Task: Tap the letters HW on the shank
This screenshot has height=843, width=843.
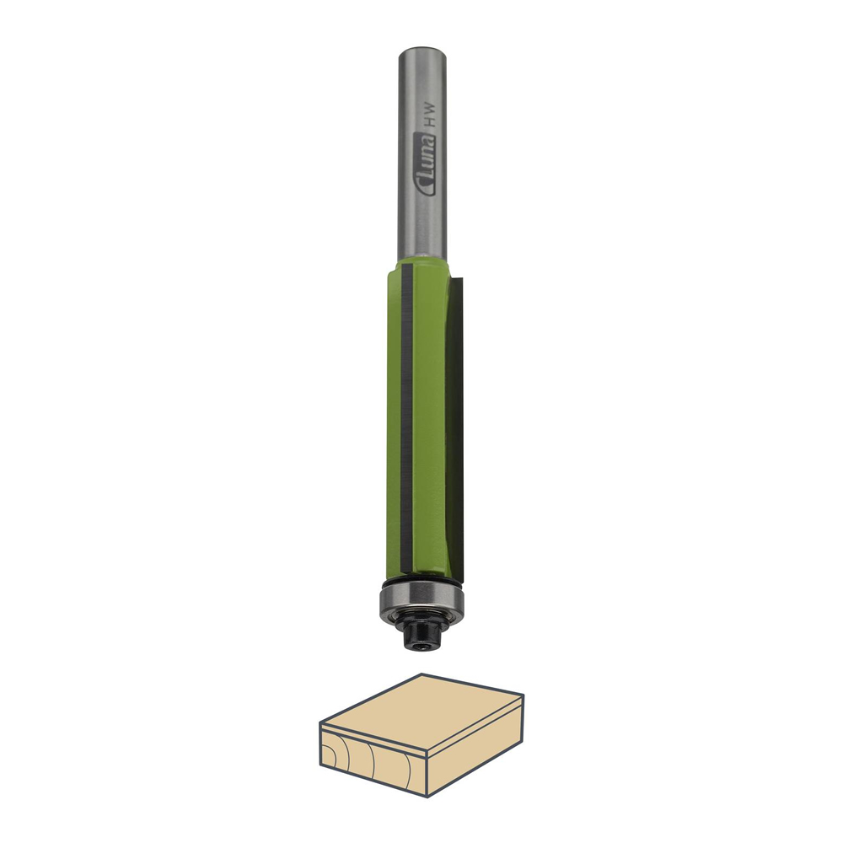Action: (429, 121)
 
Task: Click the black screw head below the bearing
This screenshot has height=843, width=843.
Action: (422, 635)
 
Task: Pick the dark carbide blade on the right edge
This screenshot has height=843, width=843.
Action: (455, 425)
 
